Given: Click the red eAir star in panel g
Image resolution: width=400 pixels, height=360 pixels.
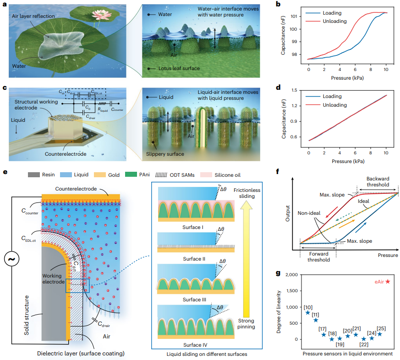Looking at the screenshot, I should [x=388, y=282].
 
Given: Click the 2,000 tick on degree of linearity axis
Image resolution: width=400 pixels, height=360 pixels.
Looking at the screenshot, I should [x=292, y=274].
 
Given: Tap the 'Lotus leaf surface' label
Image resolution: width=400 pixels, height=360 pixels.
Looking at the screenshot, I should [x=174, y=68].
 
